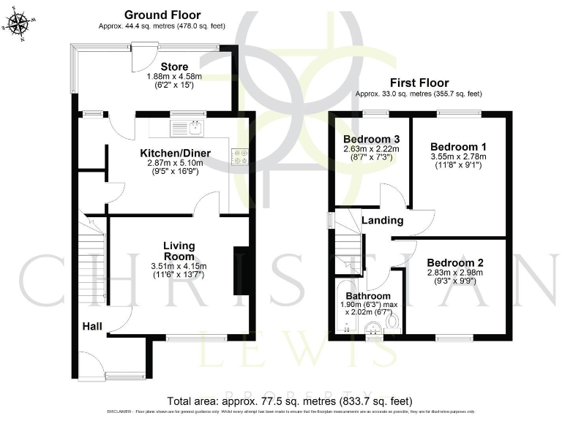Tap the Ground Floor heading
pos(162,15)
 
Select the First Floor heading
pos(419,83)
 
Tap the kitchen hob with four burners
pos(239,156)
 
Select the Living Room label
pos(179,251)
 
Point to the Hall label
pos(91,327)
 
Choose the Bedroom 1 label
pos(457,145)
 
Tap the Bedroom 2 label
pos(455,262)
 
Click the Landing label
pos(383,220)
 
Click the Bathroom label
pos(368,296)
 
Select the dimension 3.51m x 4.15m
pos(179,266)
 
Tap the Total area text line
pos(290,401)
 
